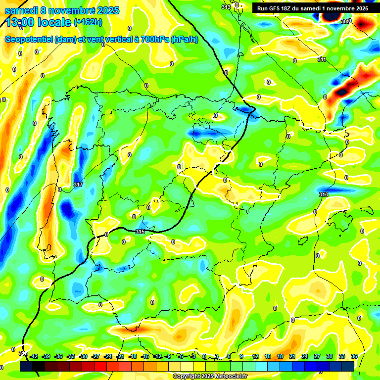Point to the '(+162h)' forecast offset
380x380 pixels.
pyautogui.click(x=88, y=22)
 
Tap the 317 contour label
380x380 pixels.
pyautogui.click(x=78, y=185)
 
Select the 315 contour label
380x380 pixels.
pyautogui.click(x=140, y=231)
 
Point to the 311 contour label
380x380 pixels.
pyautogui.click(x=322, y=59)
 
